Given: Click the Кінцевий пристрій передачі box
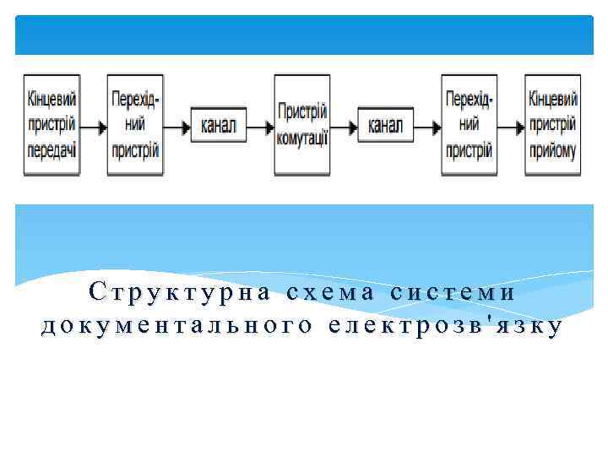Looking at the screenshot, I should pyautogui.click(x=52, y=125).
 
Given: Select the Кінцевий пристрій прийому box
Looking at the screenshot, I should pyautogui.click(x=553, y=125).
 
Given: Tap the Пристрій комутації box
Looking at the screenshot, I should pyautogui.click(x=302, y=125).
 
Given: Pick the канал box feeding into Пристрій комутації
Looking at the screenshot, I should pyautogui.click(x=219, y=127).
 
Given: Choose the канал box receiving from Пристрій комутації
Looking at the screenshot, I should pyautogui.click(x=386, y=127).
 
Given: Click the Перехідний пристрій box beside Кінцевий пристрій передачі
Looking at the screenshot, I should pyautogui.click(x=135, y=125).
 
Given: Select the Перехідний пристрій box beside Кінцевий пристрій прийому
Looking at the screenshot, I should pyautogui.click(x=470, y=125).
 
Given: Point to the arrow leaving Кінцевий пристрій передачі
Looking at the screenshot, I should pyautogui.click(x=94, y=128).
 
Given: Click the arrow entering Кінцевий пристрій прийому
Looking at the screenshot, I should pyautogui.click(x=511, y=128).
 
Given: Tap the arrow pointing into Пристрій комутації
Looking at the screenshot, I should pyautogui.click(x=260, y=128).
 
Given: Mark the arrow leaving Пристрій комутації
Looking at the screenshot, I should pyautogui.click(x=344, y=128).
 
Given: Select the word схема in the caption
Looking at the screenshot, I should pyautogui.click(x=329, y=293).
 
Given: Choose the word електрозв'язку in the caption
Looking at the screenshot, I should pyautogui.click(x=444, y=328).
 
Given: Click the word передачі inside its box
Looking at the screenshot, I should pyautogui.click(x=52, y=151).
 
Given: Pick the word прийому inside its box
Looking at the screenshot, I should pyautogui.click(x=553, y=151).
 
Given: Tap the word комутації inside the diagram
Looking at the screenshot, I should pyautogui.click(x=302, y=138).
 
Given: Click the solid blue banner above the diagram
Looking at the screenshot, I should pyautogui.click(x=304, y=35).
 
